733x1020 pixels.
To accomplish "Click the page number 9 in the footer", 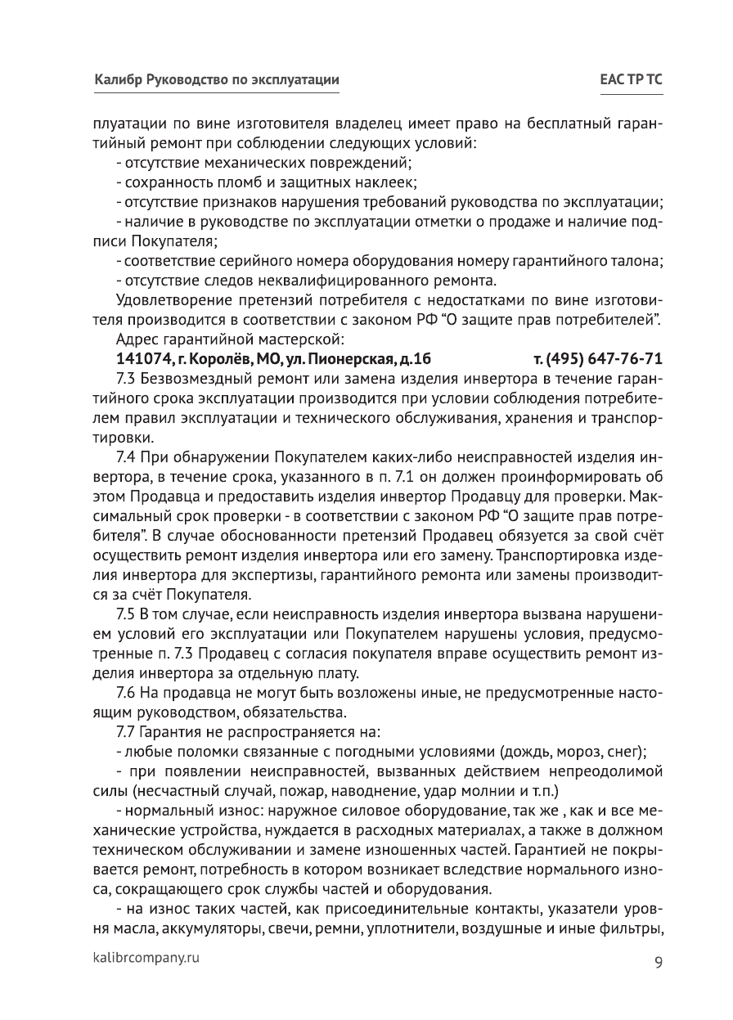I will [x=658, y=962].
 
